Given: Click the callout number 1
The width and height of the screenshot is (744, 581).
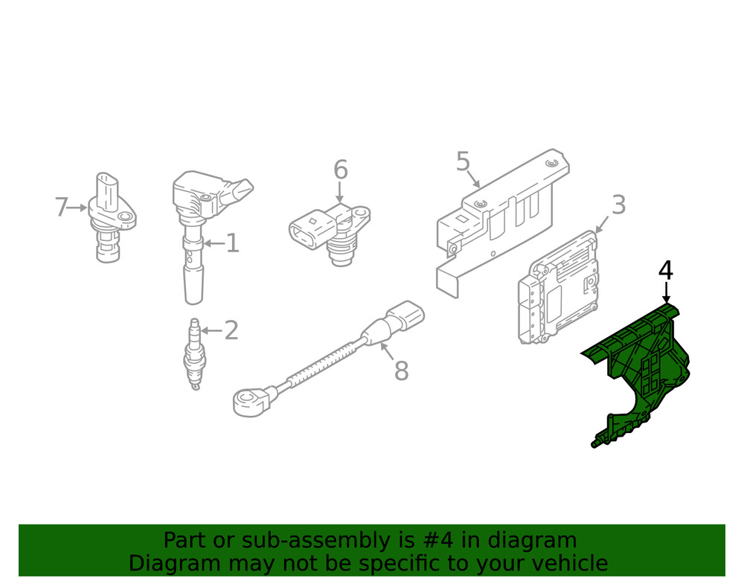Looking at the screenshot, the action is pyautogui.click(x=232, y=243).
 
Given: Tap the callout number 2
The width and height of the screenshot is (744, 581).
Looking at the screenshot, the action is pyautogui.click(x=231, y=330).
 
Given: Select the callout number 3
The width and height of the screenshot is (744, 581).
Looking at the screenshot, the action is pyautogui.click(x=618, y=205).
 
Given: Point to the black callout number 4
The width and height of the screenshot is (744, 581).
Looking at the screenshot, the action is pyautogui.click(x=666, y=270).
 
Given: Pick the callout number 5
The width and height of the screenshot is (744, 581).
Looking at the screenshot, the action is pyautogui.click(x=463, y=161).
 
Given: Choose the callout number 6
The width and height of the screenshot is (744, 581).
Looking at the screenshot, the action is pyautogui.click(x=341, y=170).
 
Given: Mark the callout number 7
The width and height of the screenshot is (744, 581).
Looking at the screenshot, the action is pyautogui.click(x=61, y=208).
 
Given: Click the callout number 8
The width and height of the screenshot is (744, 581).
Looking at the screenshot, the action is pyautogui.click(x=402, y=371).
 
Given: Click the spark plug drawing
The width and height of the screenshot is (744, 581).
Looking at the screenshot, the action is pyautogui.click(x=194, y=353).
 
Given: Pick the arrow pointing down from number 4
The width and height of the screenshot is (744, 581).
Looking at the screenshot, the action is pyautogui.click(x=667, y=292).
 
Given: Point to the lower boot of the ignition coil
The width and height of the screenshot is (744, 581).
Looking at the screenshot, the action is pyautogui.click(x=193, y=285).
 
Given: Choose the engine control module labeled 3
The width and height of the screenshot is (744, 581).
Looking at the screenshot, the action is pyautogui.click(x=557, y=287).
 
